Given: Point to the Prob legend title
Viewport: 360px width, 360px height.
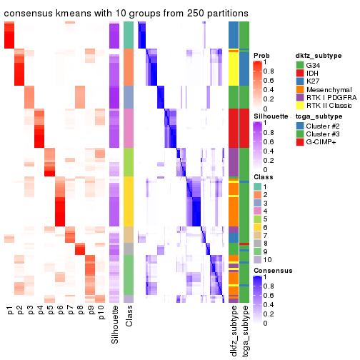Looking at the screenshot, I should [262, 54].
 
